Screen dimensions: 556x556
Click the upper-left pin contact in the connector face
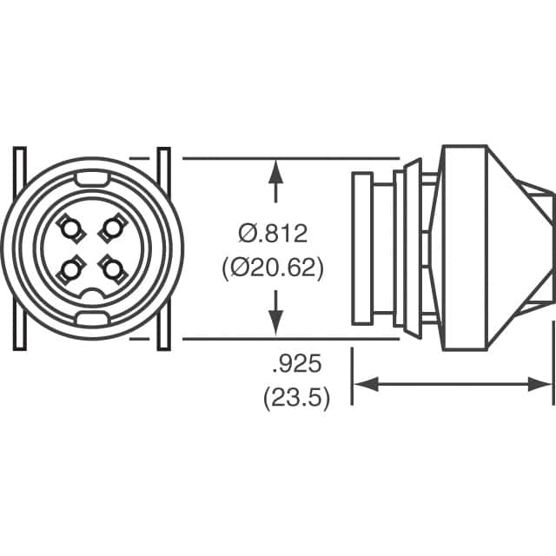69,229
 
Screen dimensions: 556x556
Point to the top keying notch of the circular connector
90,178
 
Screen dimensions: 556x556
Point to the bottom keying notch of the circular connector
90,319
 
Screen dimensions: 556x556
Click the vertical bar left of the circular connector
20,249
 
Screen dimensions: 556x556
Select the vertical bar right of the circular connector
163,249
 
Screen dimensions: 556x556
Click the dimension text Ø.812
275,233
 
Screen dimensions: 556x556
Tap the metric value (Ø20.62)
275,269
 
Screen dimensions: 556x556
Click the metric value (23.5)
295,400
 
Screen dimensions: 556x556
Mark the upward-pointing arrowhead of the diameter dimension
276,170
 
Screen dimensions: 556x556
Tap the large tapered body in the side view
478,249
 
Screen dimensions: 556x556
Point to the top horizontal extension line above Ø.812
287,159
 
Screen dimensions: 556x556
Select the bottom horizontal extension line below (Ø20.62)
287,339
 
